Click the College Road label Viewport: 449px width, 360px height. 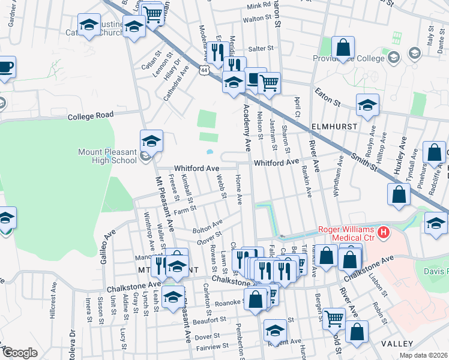(x=90, y=116)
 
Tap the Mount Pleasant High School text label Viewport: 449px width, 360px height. (x=107, y=157)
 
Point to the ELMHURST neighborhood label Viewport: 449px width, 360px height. (x=334, y=127)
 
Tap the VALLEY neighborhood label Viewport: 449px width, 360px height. (x=397, y=344)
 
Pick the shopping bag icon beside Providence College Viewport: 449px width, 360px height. (x=343, y=47)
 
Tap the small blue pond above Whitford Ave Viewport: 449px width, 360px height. (x=209, y=152)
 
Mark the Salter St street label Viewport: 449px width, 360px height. (x=262, y=48)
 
